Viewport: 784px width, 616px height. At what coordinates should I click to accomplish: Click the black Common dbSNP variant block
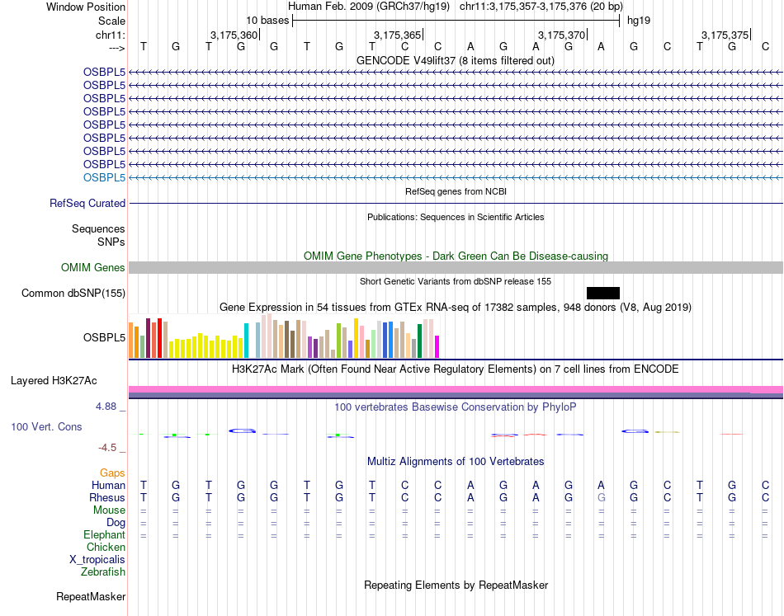[602, 293]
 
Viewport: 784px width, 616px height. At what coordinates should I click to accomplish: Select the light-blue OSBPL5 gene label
[104, 177]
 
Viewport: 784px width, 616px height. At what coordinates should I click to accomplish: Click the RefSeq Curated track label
[87, 203]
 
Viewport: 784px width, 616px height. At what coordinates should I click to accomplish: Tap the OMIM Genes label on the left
[93, 267]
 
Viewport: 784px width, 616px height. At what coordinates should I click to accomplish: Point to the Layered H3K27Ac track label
[54, 380]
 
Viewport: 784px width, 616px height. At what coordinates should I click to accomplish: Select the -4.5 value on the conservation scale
[107, 448]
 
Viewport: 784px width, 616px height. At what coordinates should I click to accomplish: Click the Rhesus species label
[107, 498]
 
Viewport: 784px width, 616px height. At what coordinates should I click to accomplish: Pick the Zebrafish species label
[103, 571]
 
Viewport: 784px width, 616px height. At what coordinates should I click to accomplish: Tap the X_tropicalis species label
[97, 559]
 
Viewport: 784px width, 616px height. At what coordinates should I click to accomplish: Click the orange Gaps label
[112, 473]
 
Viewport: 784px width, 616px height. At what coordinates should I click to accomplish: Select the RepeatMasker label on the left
[91, 596]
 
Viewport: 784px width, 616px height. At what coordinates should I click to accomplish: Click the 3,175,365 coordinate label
[397, 35]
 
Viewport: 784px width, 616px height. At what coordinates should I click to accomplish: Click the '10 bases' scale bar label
[267, 20]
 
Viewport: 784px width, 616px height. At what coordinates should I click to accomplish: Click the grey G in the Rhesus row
[602, 498]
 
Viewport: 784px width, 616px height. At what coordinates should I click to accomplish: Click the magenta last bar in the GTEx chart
[437, 346]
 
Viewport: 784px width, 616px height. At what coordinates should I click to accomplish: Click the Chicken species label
[106, 547]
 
